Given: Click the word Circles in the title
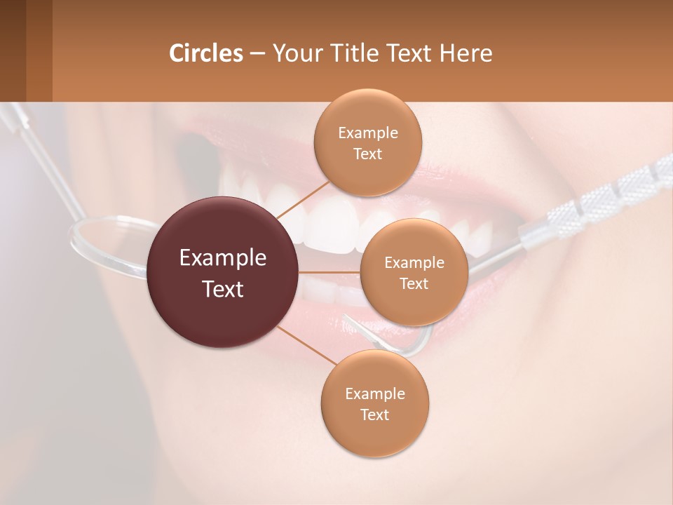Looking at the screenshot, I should pos(205,53).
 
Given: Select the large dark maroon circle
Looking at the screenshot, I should pos(223,273).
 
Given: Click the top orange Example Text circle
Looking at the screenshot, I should pos(367,142).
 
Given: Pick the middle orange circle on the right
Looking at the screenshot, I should pos(414,272).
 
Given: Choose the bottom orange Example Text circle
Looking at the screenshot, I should pos(374,403).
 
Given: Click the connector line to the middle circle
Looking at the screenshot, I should pos(329,272).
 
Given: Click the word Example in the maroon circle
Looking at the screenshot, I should pos(223,258).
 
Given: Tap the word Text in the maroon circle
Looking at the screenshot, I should pos(223,289).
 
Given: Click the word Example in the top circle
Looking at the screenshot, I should pos(367,133).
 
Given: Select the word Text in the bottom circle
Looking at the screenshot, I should pos(374,415).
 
